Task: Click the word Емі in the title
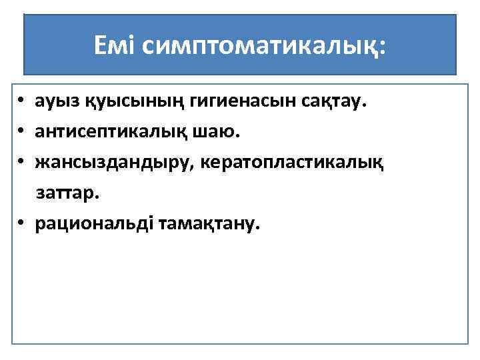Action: pos(115,46)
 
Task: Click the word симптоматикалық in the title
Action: pos(257,47)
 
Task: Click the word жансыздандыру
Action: pos(111,163)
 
